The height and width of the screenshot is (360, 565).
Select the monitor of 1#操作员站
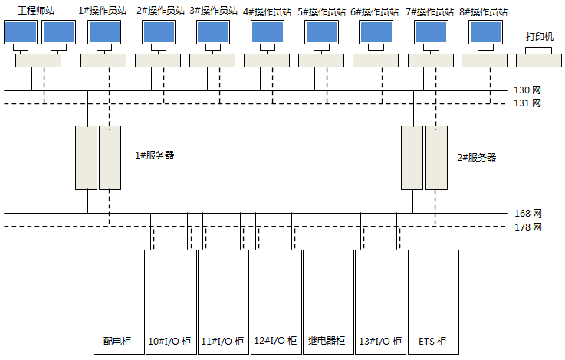tap(103, 32)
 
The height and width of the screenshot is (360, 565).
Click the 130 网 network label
tap(527, 90)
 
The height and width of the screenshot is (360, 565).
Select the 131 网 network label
tap(527, 103)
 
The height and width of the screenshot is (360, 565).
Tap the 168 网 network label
tap(527, 213)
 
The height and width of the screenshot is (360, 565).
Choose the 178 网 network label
tap(527, 227)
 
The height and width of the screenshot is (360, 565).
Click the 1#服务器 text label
tap(154, 155)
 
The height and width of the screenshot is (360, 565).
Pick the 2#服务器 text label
tap(477, 158)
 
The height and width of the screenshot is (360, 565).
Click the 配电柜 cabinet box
tap(119, 300)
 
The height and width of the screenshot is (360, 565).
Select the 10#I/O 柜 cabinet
tap(171, 300)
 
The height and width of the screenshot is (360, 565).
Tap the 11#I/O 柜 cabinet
tap(223, 300)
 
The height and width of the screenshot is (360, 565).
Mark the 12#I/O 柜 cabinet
tap(275, 300)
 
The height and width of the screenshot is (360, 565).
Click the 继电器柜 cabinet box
tap(327, 300)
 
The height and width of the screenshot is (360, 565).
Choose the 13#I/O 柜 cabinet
tap(379, 300)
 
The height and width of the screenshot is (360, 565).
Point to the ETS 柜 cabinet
tap(432, 300)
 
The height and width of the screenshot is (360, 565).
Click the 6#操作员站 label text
tap(375, 12)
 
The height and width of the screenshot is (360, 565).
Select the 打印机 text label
tap(539, 37)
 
